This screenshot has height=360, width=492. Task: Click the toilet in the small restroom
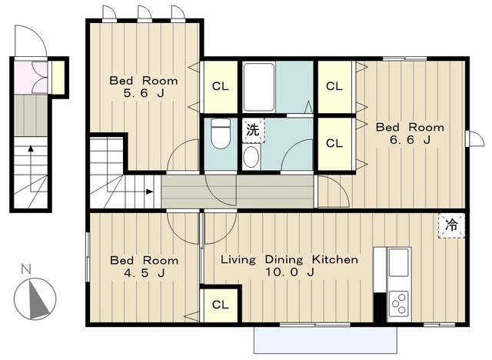220,133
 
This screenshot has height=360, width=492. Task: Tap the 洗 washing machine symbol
253,130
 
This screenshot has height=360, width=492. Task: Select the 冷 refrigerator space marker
451,225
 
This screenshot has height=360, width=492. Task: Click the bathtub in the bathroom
260,87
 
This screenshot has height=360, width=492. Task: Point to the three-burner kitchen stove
398,303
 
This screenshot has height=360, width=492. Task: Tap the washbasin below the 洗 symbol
251,157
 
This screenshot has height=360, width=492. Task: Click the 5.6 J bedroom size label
144,93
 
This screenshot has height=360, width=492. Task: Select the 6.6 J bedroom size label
410,140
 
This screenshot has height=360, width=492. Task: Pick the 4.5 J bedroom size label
144,273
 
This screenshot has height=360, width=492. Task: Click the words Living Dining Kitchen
289,259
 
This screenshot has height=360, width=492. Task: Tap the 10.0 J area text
290,272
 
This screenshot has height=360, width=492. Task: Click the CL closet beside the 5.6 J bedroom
221,86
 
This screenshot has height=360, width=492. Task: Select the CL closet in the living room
221,305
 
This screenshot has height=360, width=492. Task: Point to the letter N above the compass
26,269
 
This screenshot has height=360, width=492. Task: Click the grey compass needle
38,299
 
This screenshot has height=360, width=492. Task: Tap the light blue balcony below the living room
325,340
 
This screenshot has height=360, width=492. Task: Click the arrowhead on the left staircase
31,148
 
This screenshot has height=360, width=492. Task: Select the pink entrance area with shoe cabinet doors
31,78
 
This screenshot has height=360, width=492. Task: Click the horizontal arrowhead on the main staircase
150,192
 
